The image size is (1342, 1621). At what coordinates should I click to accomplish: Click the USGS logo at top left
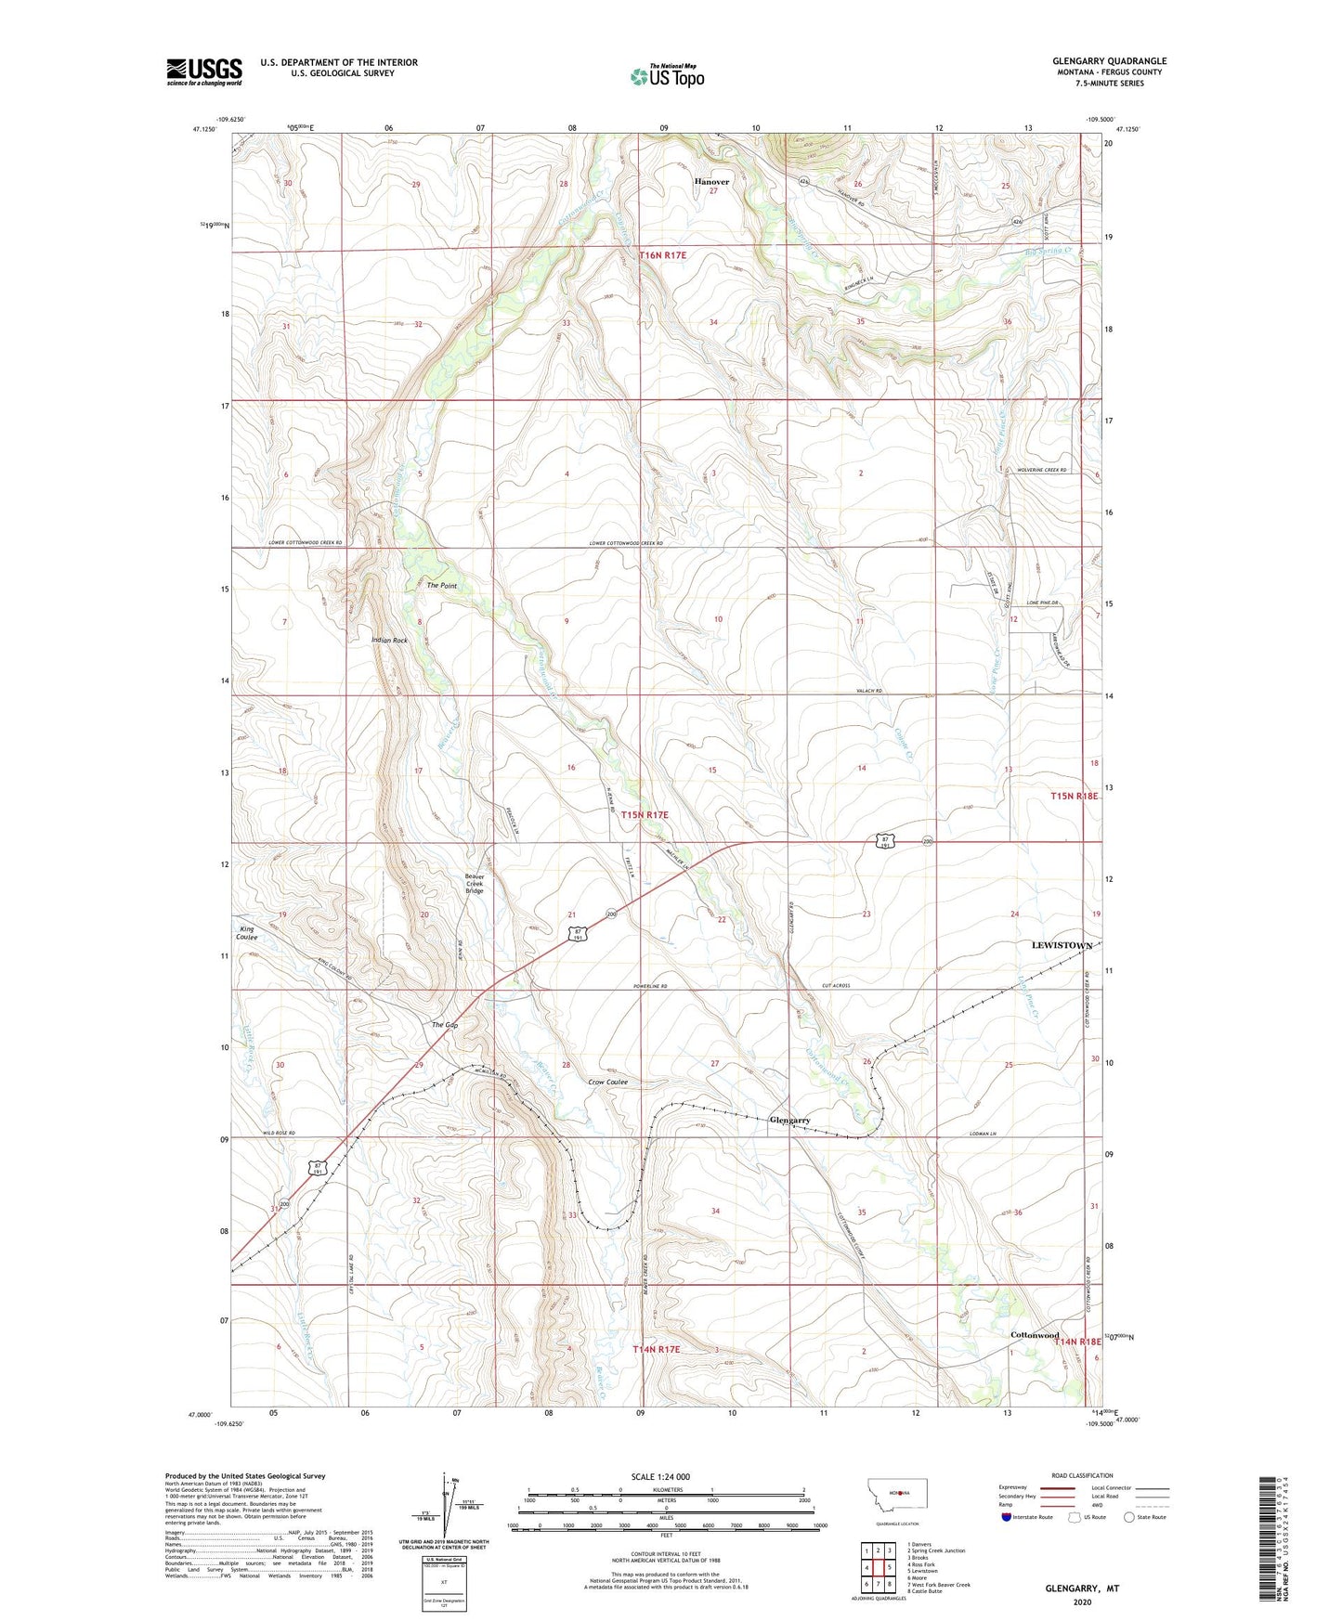(x=203, y=71)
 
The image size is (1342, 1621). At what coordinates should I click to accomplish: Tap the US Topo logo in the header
(x=667, y=76)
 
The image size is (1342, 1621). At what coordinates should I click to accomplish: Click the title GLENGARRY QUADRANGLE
(x=1110, y=61)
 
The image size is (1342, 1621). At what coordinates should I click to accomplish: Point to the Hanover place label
(x=711, y=182)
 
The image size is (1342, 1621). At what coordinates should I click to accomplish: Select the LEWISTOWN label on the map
(x=1062, y=945)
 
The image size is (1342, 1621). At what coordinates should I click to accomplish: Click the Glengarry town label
(x=789, y=1121)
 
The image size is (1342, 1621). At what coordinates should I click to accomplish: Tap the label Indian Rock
(x=389, y=641)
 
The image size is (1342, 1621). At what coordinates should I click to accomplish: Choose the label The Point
(x=441, y=586)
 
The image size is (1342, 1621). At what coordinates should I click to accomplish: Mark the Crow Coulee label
(x=608, y=1082)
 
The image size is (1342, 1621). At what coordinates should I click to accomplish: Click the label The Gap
(x=445, y=1025)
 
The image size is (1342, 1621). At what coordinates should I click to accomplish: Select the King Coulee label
(x=246, y=933)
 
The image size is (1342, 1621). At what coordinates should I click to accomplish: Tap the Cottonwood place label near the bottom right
(x=1034, y=1335)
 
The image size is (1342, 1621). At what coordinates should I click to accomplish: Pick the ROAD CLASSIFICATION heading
(x=1082, y=1475)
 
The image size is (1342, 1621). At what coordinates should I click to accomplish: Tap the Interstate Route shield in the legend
(x=1007, y=1517)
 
